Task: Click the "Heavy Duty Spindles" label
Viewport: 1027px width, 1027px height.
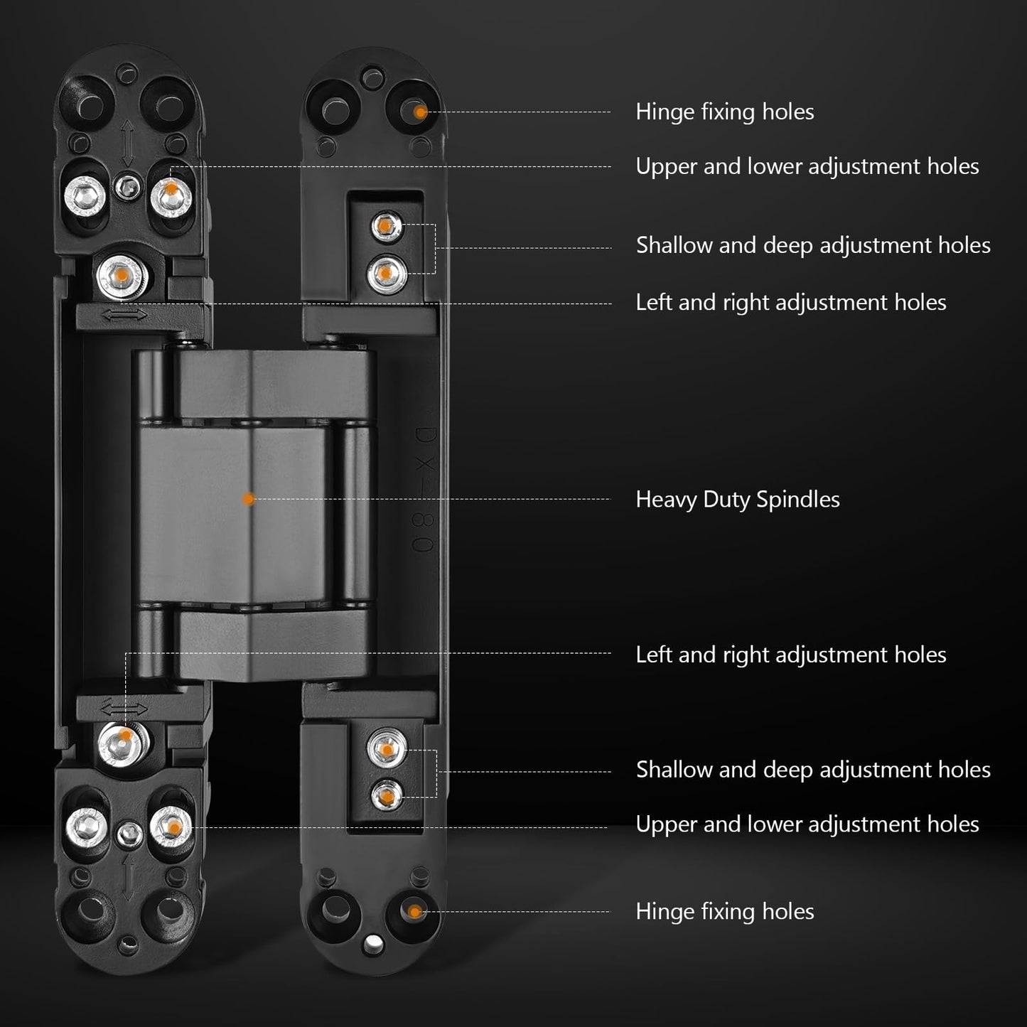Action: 737,500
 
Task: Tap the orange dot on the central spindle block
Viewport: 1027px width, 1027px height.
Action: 247,500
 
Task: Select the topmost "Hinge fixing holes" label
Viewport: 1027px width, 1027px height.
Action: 724,112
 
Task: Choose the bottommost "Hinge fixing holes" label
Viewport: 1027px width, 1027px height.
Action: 724,911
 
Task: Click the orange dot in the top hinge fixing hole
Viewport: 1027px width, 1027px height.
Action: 420,112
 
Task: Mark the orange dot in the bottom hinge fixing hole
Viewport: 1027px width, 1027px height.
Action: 414,911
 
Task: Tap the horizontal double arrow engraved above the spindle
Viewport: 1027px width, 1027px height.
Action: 124,314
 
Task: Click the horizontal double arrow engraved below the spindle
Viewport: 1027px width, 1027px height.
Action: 124,708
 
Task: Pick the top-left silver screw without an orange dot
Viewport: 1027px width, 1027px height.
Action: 86,192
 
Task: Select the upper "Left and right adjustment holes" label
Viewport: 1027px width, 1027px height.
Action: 790,303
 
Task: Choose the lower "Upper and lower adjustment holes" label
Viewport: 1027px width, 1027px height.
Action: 807,824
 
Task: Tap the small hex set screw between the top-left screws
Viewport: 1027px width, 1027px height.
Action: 129,187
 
